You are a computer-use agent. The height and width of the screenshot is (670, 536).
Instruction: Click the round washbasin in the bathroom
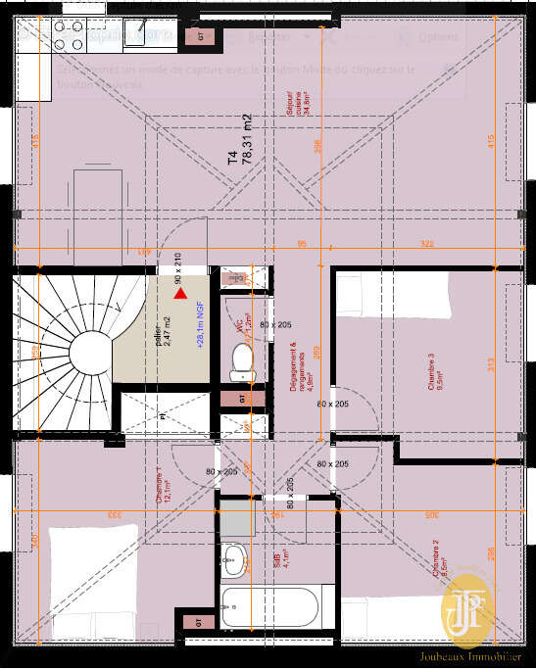[x=232, y=561]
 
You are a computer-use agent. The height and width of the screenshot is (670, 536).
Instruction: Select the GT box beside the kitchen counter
[x=203, y=36]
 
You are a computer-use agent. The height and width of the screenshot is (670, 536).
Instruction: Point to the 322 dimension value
[x=426, y=243]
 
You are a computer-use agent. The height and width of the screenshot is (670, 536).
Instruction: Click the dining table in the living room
[x=98, y=204]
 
